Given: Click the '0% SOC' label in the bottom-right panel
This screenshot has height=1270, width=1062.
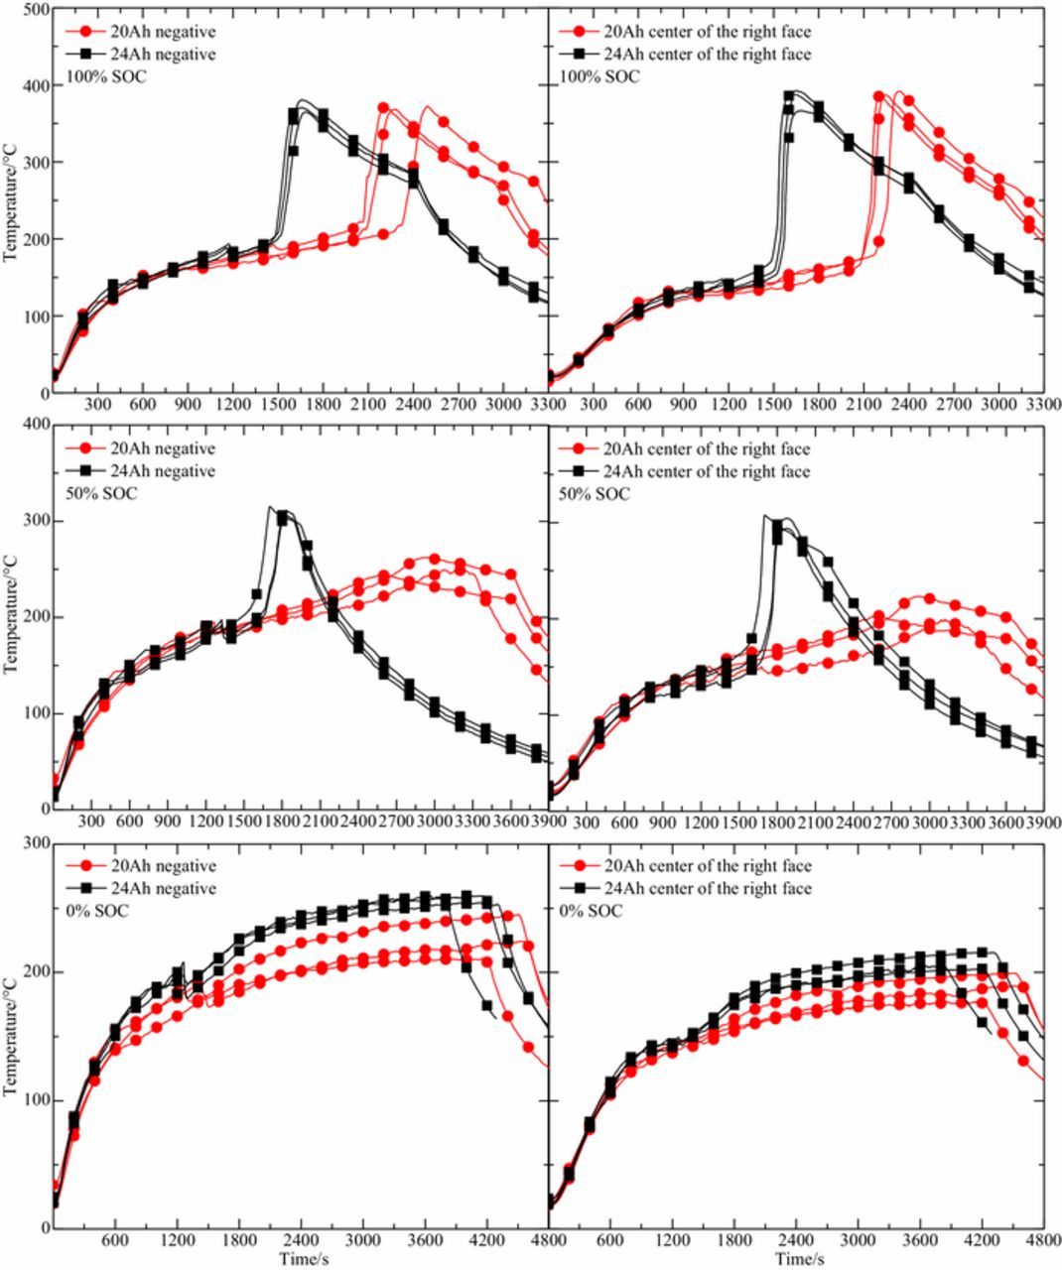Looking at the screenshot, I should point(591,910).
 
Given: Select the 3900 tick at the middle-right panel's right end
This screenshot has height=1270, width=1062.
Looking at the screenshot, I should point(1043,823).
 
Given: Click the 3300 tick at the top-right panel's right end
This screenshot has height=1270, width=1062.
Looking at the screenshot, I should point(1043,405).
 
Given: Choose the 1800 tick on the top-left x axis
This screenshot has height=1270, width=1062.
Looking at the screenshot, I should point(323,405).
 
